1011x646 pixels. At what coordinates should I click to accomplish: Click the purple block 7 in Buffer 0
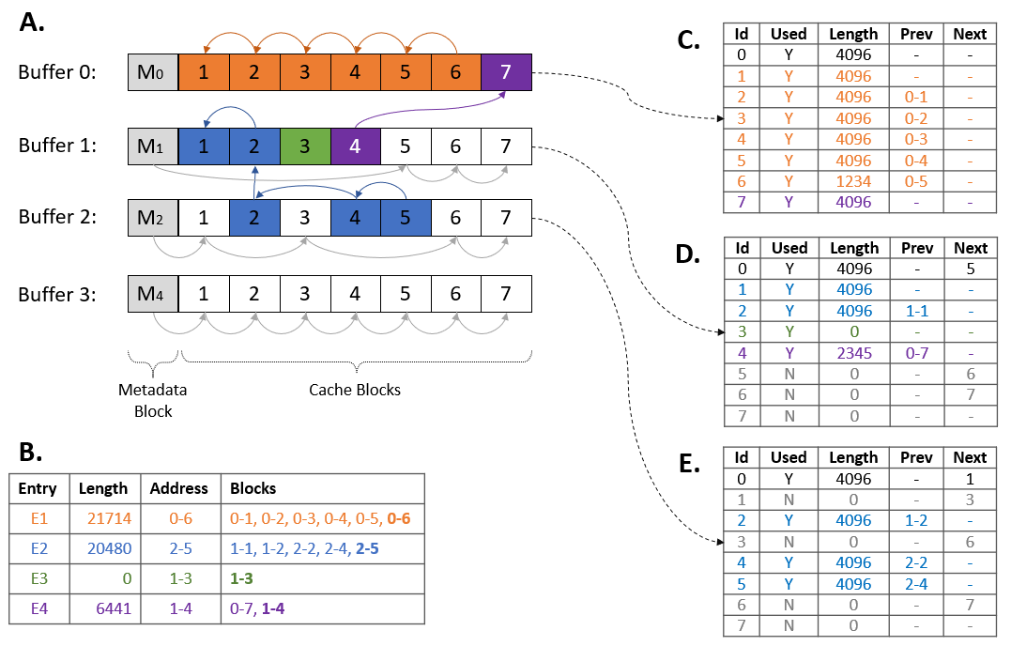click(x=507, y=72)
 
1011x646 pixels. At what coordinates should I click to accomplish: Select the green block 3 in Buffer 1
click(x=305, y=146)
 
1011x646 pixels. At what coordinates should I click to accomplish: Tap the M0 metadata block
click(x=153, y=72)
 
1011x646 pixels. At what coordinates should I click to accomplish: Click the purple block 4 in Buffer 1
click(x=355, y=146)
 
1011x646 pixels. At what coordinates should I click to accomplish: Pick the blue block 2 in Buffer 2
click(x=254, y=218)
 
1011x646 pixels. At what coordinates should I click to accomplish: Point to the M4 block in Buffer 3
click(x=153, y=294)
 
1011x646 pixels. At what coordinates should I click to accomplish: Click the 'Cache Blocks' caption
click(x=355, y=390)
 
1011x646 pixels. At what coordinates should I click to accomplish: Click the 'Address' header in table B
click(x=179, y=488)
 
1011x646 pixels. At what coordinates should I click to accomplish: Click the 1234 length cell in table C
click(x=853, y=181)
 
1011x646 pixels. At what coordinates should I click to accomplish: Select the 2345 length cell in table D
click(x=853, y=353)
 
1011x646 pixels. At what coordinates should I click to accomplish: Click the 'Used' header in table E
click(x=789, y=457)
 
